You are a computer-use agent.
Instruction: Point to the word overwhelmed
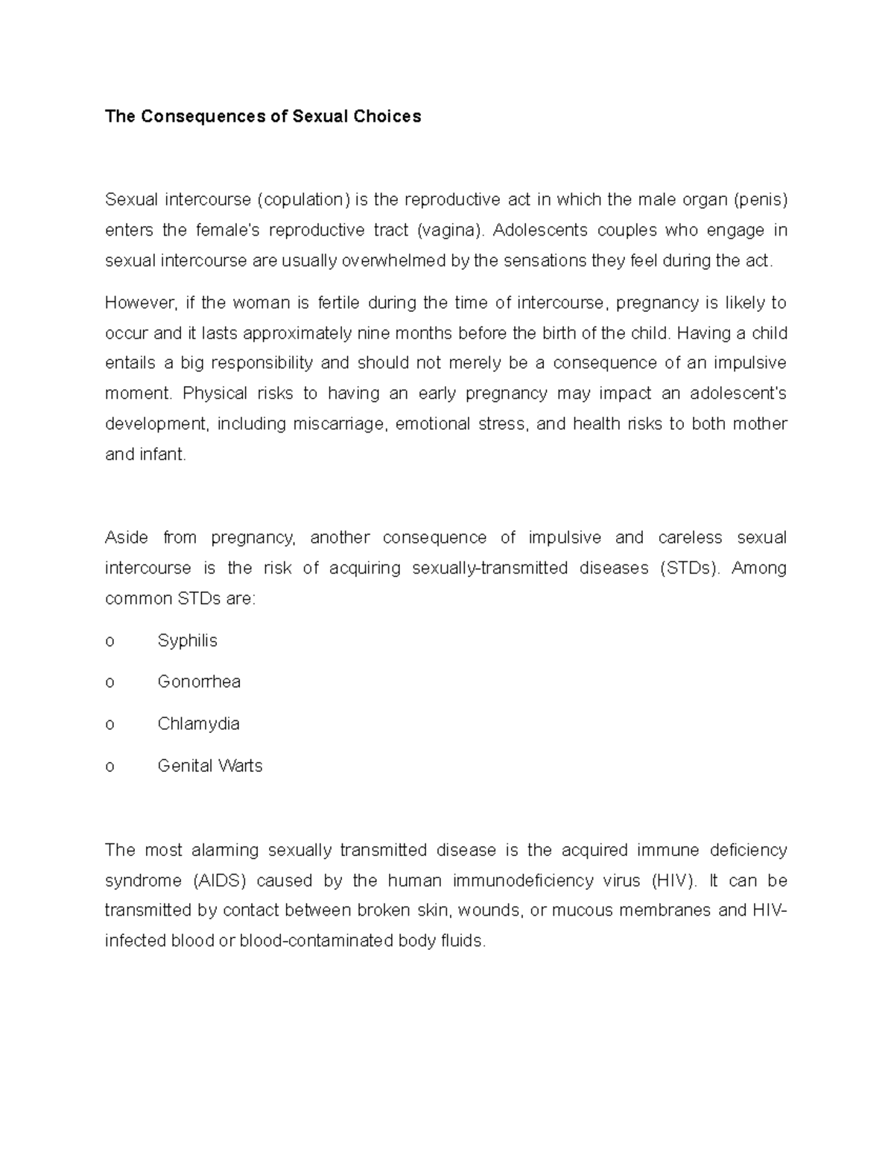coord(405,260)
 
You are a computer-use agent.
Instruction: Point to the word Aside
coord(127,538)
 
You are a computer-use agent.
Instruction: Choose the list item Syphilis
coord(188,641)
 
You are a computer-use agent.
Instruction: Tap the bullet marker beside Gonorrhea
coord(110,682)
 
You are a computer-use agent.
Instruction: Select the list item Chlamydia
coord(198,724)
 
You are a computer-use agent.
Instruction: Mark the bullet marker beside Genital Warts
coord(110,767)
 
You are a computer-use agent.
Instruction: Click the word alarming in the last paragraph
coord(224,850)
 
